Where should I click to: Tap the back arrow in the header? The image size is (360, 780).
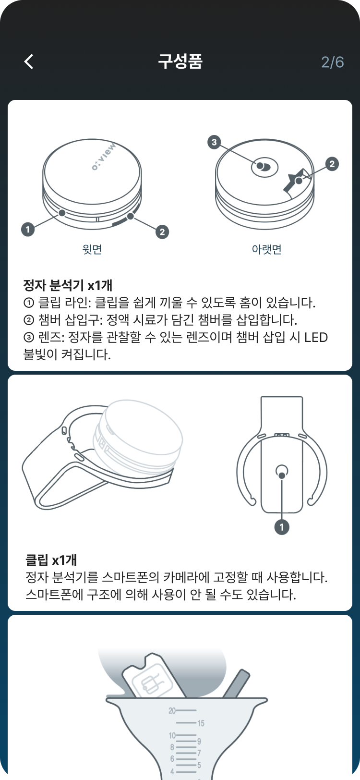point(29,61)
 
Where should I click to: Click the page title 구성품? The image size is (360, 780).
point(180,61)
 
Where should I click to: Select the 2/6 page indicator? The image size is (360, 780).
point(332,62)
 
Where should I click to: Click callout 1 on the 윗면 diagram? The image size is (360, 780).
point(28,230)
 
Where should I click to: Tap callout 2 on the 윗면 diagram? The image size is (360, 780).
point(162,232)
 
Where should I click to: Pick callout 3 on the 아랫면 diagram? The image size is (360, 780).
point(214,142)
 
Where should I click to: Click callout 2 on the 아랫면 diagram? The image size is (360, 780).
point(332,164)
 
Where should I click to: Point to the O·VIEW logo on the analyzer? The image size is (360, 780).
point(104,157)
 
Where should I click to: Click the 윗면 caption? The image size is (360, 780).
point(92,249)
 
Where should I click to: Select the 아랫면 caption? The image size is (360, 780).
point(267,249)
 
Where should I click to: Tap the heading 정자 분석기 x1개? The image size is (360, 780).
point(68,285)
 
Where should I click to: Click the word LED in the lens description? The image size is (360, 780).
point(316,338)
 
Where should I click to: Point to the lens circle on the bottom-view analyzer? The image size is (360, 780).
point(265,166)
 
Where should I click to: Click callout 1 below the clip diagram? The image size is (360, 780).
point(282,527)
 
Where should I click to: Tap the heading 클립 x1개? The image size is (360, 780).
point(51,560)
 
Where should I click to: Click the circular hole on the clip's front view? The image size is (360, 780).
point(282,471)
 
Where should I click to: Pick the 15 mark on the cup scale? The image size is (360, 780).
point(201,723)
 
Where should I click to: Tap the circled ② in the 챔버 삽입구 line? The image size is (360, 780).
point(28,320)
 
